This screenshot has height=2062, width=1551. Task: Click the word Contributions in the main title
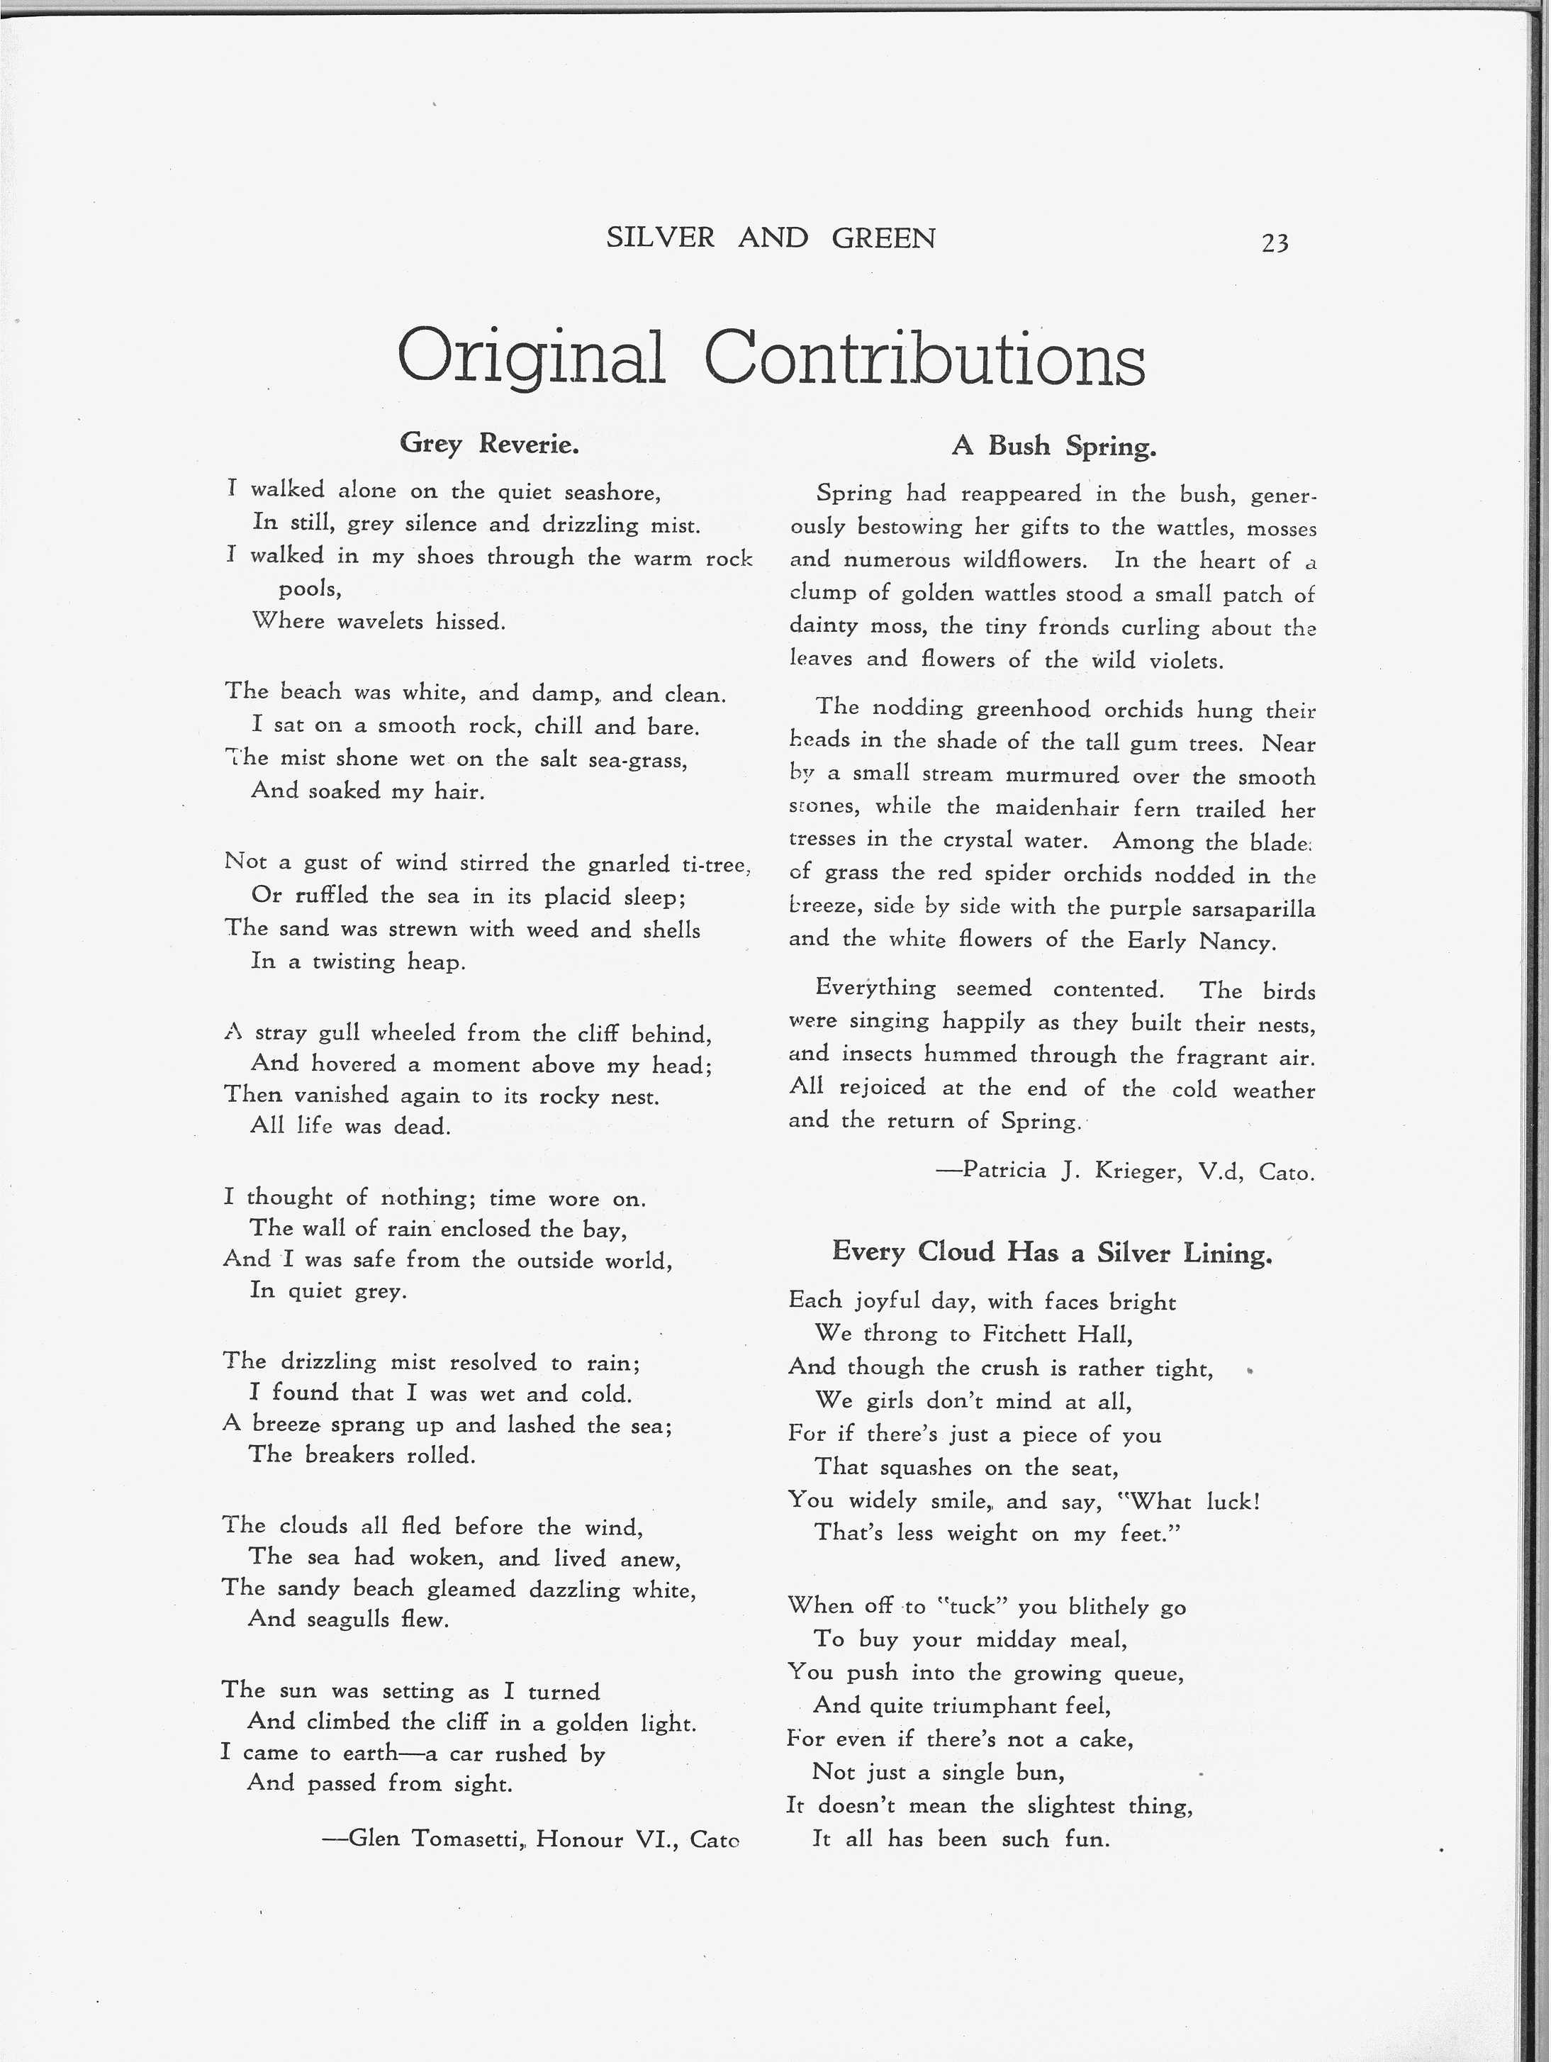924,359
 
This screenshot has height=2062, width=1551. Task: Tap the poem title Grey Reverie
489,444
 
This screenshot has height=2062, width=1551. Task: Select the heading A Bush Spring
1053,447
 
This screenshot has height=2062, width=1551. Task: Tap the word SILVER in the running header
660,239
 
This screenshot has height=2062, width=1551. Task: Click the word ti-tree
716,865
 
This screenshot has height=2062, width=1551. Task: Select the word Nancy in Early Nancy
1236,942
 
